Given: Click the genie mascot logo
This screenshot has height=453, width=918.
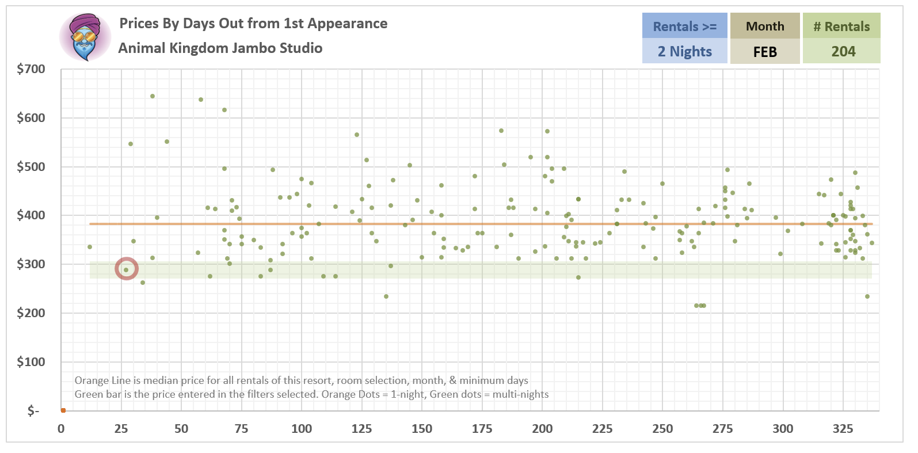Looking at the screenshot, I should click(85, 37).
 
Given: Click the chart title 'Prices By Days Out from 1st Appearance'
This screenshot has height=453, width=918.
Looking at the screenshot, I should click(253, 24).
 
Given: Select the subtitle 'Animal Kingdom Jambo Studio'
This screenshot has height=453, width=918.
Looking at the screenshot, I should click(220, 48).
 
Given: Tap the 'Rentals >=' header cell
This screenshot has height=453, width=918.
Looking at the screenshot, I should click(684, 26).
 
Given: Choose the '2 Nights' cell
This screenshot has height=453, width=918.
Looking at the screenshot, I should click(684, 52).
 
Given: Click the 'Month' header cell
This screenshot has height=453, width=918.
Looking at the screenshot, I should click(765, 26).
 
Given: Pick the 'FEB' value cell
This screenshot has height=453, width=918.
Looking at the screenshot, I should click(765, 52).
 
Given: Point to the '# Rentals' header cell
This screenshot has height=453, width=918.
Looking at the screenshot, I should click(841, 26).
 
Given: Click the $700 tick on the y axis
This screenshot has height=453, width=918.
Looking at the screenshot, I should click(31, 69).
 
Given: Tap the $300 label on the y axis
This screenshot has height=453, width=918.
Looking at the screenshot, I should click(31, 264).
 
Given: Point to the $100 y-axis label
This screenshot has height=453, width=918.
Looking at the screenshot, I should click(31, 362).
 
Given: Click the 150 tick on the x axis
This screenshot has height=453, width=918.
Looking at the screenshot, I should click(422, 429).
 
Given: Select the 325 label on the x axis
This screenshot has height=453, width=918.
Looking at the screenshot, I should click(843, 429).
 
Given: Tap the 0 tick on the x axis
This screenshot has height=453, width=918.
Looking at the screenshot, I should click(61, 429).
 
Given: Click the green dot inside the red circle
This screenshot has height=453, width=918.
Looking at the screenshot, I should click(126, 269).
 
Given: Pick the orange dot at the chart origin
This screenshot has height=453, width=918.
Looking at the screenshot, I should click(63, 410).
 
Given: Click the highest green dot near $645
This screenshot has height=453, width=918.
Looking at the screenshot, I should click(153, 96).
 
